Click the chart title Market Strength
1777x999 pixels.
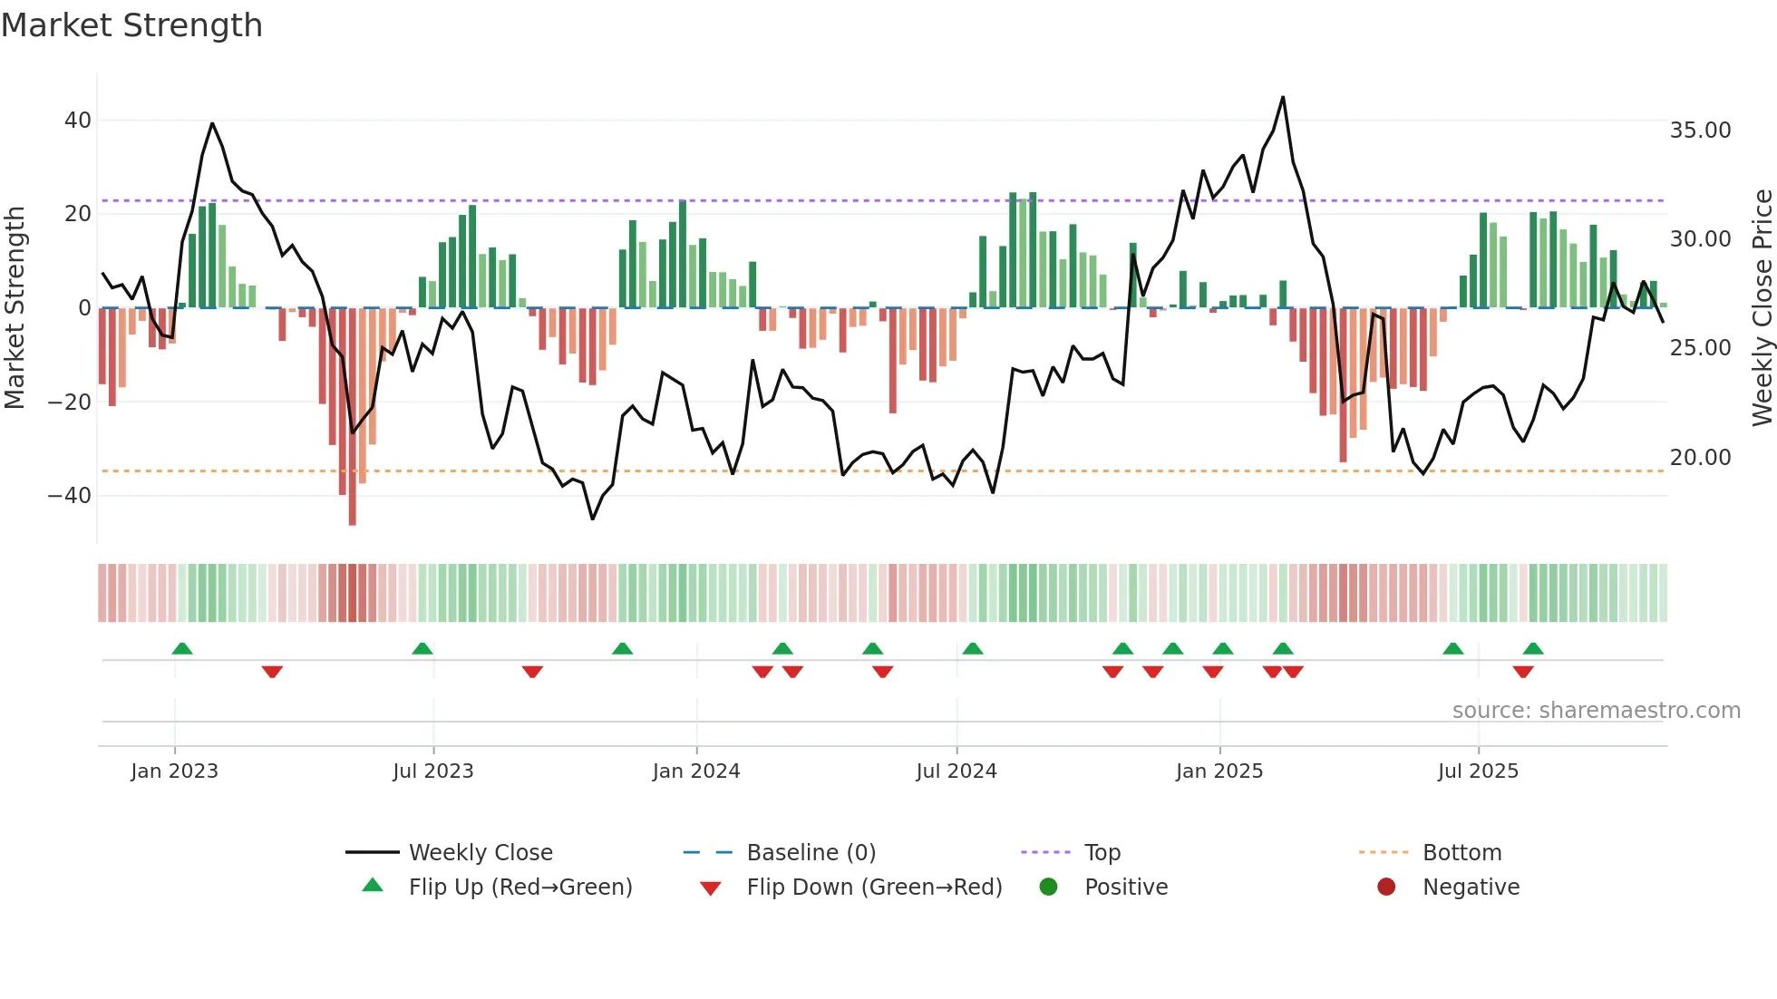[x=131, y=25]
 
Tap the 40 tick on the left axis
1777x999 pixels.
[x=78, y=121]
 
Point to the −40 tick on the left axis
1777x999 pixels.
[x=70, y=496]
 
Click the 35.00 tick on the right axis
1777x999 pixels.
[x=1700, y=131]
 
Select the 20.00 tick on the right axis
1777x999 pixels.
[x=1700, y=458]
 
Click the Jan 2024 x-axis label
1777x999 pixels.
[x=695, y=771]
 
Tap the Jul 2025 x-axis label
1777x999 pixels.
[x=1477, y=771]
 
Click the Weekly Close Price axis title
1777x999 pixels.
[x=1762, y=308]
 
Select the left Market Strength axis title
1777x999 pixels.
[x=15, y=308]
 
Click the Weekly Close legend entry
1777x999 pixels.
[x=480, y=853]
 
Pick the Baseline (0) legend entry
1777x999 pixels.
[x=811, y=853]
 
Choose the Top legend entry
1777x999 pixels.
[x=1102, y=853]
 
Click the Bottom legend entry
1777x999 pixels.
[x=1461, y=853]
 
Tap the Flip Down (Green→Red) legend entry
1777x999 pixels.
[x=873, y=887]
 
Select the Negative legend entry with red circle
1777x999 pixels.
[x=1470, y=887]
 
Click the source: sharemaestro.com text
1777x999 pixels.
[x=1596, y=711]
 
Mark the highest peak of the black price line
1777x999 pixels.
[x=1283, y=97]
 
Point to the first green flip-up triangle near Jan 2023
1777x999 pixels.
[x=182, y=649]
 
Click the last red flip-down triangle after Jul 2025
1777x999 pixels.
[x=1523, y=672]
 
